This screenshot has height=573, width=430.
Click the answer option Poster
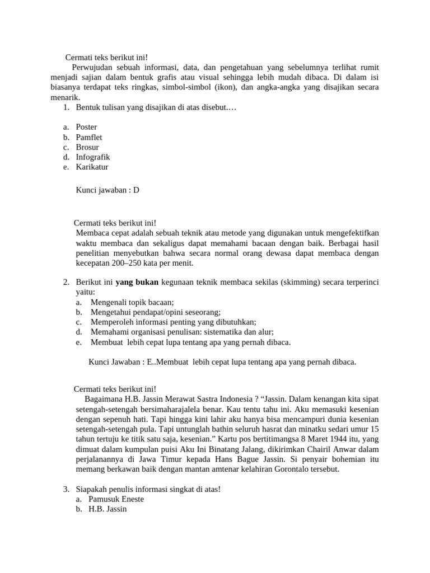[86, 127]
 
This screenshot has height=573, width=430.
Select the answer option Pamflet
[88, 137]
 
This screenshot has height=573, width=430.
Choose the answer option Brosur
[87, 147]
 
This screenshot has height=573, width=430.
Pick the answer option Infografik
[92, 157]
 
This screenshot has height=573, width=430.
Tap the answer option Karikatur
[92, 167]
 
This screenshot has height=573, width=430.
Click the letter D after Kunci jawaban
[136, 190]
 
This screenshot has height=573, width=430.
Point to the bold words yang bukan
[137, 282]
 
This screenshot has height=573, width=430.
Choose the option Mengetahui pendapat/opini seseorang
[155, 312]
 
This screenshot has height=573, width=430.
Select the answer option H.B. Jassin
[107, 510]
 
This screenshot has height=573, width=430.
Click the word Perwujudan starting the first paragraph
[93, 68]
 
